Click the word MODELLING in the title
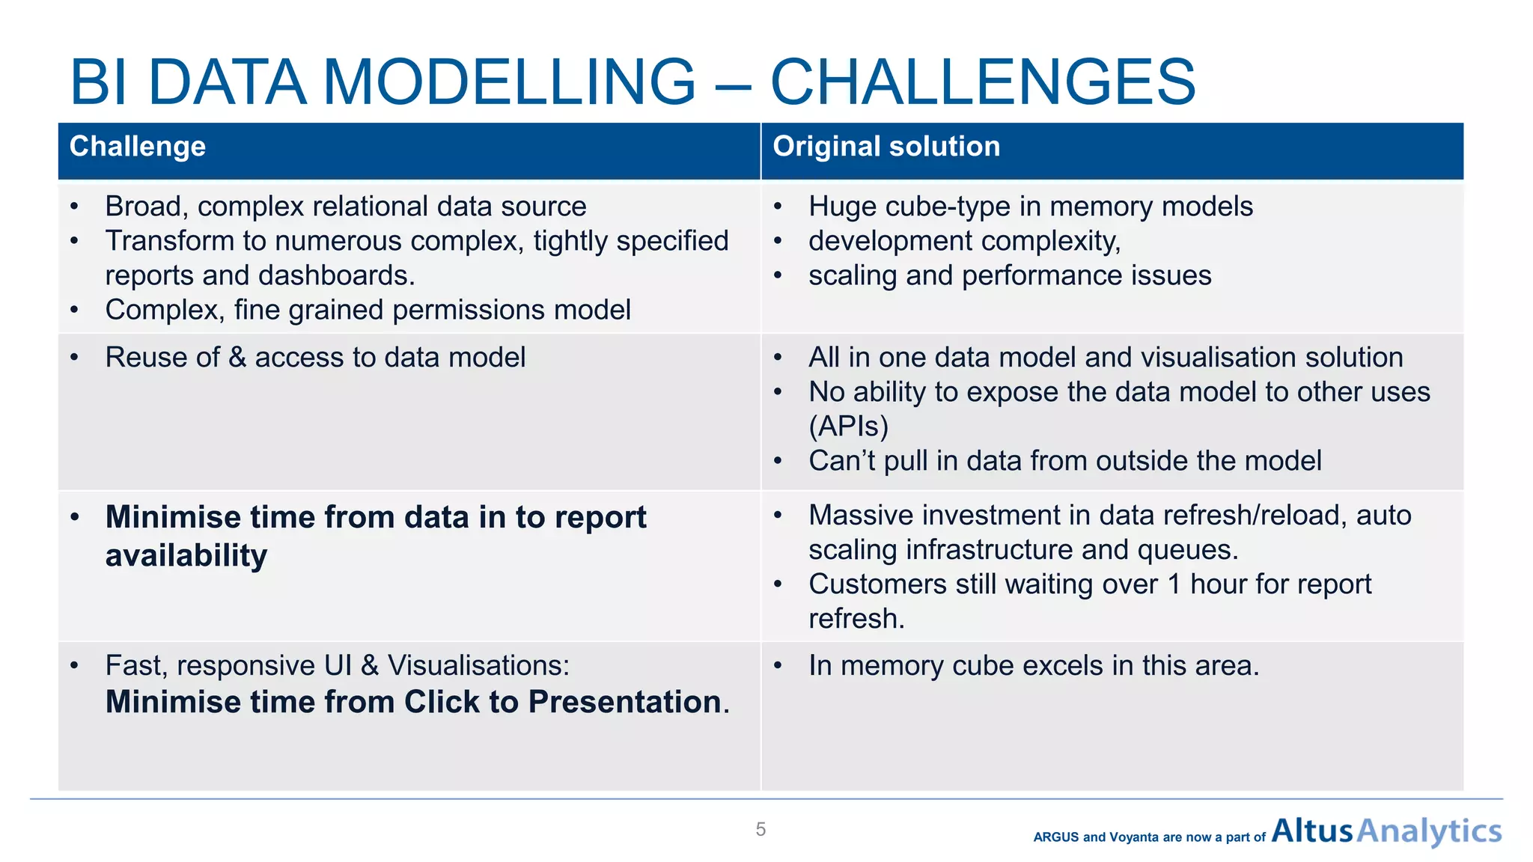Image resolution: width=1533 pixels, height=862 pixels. tap(509, 82)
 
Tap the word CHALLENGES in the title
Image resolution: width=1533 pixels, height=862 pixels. tap(983, 82)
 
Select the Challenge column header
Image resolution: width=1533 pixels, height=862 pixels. tap(138, 147)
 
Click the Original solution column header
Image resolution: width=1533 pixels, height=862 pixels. tap(886, 147)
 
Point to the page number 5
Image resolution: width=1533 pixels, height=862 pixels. tap(761, 829)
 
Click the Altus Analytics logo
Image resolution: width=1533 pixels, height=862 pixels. tap(1386, 831)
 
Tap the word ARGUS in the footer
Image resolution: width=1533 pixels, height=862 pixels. tap(1055, 837)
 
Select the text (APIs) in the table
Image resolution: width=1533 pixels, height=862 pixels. tap(848, 427)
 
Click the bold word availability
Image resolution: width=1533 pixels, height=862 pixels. tap(186, 556)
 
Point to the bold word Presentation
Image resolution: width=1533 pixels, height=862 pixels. tap(624, 702)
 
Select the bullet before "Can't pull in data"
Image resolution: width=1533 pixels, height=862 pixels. tap(778, 462)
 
